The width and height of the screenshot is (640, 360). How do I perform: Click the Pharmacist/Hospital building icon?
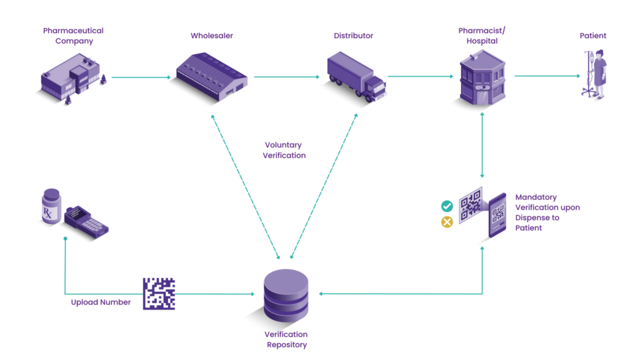click(x=482, y=77)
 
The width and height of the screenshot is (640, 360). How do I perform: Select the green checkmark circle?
click(x=447, y=206)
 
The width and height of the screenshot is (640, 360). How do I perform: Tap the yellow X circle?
click(x=447, y=222)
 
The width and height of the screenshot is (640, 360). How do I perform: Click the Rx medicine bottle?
click(x=51, y=206)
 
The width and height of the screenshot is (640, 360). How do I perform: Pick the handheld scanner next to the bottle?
click(x=87, y=219)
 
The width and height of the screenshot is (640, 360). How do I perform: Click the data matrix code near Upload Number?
click(x=159, y=294)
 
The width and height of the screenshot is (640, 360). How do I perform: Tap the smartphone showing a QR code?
click(x=497, y=214)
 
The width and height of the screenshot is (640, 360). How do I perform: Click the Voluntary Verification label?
click(x=284, y=150)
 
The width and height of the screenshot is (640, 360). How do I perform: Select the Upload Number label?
click(x=101, y=302)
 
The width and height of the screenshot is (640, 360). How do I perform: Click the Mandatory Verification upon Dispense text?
click(x=547, y=212)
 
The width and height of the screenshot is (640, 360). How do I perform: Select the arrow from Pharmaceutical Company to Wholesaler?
click(x=141, y=77)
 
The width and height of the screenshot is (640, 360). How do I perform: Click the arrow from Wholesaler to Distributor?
click(x=287, y=77)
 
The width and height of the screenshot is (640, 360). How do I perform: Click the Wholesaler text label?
click(x=212, y=36)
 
